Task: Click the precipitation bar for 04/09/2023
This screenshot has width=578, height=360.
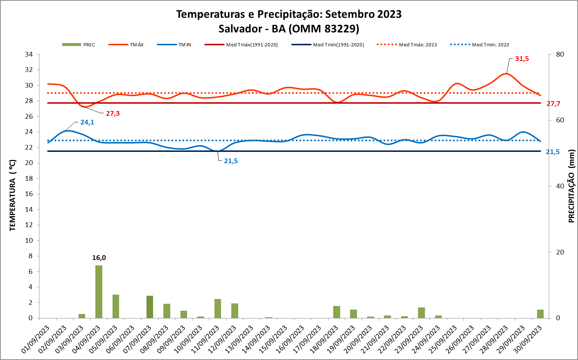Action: coord(99,291)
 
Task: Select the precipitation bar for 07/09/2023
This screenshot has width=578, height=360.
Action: coord(150,307)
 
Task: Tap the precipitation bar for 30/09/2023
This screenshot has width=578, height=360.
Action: coord(540,314)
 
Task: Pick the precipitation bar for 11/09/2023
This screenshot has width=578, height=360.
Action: coord(218,309)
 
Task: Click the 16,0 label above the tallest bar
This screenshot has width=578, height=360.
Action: coord(99,258)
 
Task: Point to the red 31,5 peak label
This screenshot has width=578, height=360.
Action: coord(522,59)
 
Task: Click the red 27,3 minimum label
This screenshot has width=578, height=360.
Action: coord(113,114)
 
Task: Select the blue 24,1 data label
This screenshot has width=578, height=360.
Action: coord(87,122)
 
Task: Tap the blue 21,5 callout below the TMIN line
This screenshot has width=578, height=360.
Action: coord(231,161)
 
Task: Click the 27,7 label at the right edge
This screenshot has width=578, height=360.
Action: coord(553,104)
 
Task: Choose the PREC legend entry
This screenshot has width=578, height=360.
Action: coord(79,45)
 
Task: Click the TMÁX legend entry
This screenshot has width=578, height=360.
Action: coord(126,45)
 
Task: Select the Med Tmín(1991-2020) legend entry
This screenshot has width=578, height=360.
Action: coord(328,45)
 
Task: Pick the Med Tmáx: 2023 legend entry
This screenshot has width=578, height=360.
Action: coord(407,45)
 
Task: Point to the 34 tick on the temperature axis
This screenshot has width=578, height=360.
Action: coord(29,54)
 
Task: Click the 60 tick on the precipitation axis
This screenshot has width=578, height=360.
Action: coord(560,120)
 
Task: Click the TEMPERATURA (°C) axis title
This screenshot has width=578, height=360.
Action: coord(13,195)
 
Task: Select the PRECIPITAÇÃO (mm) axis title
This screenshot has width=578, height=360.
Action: coord(571,186)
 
